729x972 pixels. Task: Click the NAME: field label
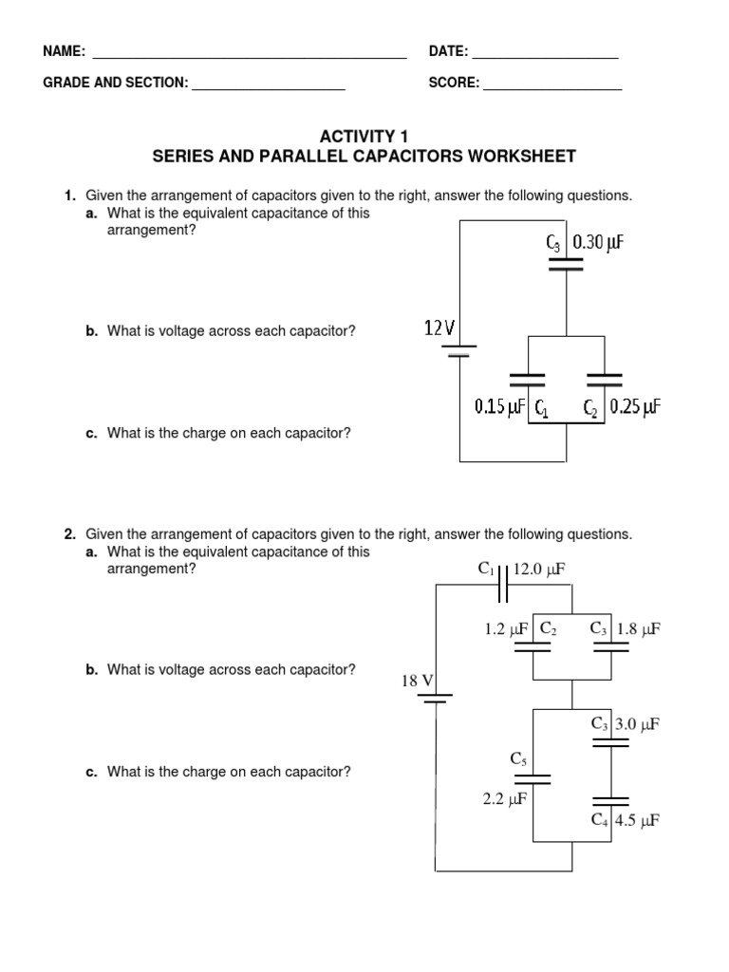pyautogui.click(x=65, y=51)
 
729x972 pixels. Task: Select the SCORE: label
pyautogui.click(x=454, y=84)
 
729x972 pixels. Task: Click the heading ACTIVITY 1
pyautogui.click(x=364, y=137)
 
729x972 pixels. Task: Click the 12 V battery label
pyautogui.click(x=439, y=328)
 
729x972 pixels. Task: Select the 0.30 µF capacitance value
pyautogui.click(x=598, y=243)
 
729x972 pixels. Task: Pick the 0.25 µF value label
pyautogui.click(x=635, y=407)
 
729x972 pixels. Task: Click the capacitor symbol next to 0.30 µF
pyautogui.click(x=567, y=263)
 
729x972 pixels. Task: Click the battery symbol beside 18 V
pyautogui.click(x=436, y=701)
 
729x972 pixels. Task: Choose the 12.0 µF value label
pyautogui.click(x=539, y=570)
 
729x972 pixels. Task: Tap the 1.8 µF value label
pyautogui.click(x=639, y=628)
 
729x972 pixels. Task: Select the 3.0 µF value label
pyautogui.click(x=639, y=724)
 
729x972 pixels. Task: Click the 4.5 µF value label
pyautogui.click(x=639, y=820)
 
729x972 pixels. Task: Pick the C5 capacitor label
pyautogui.click(x=518, y=757)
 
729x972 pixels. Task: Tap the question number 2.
pyautogui.click(x=69, y=533)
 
